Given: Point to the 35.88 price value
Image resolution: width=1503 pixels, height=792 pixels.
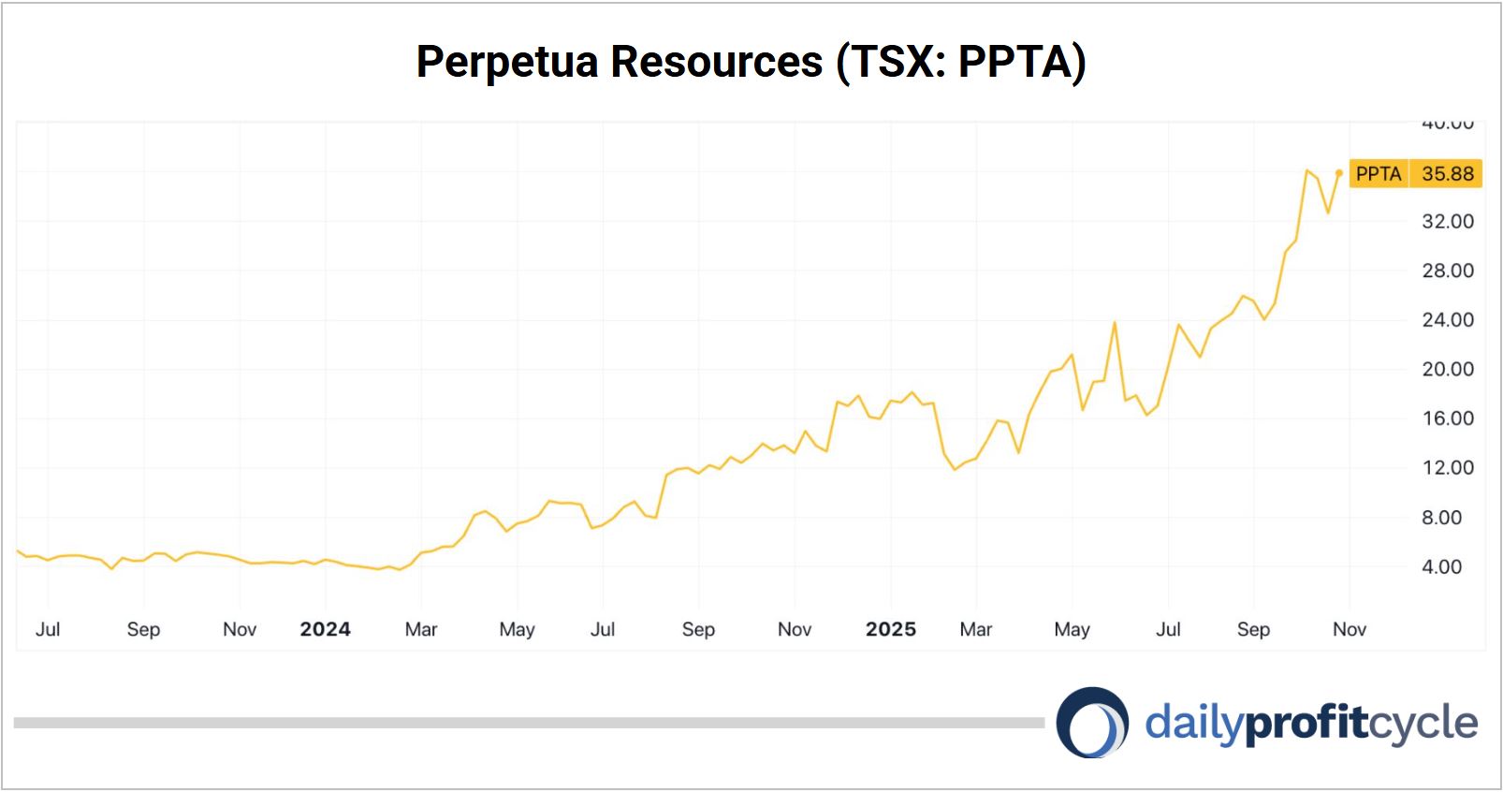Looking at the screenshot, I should tap(1447, 174).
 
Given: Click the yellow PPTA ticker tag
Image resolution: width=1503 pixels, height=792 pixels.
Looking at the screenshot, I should tap(1378, 174).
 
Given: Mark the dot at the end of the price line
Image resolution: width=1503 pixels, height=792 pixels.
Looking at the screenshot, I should tap(1339, 173).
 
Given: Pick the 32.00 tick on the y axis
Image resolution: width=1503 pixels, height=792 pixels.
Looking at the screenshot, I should tap(1447, 222).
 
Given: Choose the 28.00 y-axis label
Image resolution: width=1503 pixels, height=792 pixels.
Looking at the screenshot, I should tap(1447, 271).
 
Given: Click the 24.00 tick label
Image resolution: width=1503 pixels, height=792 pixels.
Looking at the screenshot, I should tap(1447, 320).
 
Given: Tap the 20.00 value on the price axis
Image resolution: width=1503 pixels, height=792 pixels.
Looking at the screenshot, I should tap(1447, 369).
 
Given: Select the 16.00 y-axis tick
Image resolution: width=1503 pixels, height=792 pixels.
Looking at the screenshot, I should tap(1447, 418).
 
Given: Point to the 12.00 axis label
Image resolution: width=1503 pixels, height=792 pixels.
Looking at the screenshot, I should tap(1447, 468).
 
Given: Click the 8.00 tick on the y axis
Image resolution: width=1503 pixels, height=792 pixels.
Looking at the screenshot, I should tap(1441, 518).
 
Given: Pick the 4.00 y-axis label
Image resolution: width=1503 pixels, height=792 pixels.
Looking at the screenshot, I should tap(1441, 566).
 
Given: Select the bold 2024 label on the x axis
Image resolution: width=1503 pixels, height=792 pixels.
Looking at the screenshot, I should tap(325, 629).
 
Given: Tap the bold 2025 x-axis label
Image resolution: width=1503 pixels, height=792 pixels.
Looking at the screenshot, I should tap(890, 629).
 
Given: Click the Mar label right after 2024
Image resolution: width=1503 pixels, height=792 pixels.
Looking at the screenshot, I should tap(421, 629).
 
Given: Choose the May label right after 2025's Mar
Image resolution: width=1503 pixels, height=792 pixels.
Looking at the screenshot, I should tap(1072, 629).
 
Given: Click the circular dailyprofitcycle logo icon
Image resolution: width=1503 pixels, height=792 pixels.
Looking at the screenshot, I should tap(1092, 723).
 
